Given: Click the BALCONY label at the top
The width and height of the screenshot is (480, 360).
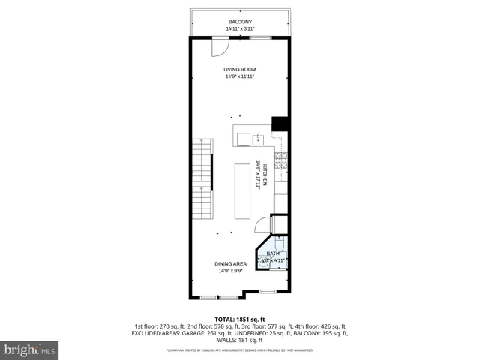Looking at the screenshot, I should pos(240,22).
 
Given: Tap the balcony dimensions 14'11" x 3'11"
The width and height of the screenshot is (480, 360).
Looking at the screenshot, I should pos(240,28).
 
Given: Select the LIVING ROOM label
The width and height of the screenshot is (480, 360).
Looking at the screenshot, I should pos(240,70).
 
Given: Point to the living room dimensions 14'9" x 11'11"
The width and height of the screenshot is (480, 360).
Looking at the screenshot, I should pos(240,76).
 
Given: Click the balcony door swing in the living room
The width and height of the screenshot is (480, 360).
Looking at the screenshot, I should pos(218,47).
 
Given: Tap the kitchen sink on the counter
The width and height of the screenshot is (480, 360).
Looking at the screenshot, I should pos(257,138).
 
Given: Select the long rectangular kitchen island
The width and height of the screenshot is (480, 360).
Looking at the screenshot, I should pos(242,190).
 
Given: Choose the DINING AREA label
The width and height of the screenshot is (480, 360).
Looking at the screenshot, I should pos(231,264).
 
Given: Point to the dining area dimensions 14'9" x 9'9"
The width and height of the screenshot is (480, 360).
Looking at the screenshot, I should pos(231,271).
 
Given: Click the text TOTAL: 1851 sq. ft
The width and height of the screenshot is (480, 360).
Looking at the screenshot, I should pos(240,319).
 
